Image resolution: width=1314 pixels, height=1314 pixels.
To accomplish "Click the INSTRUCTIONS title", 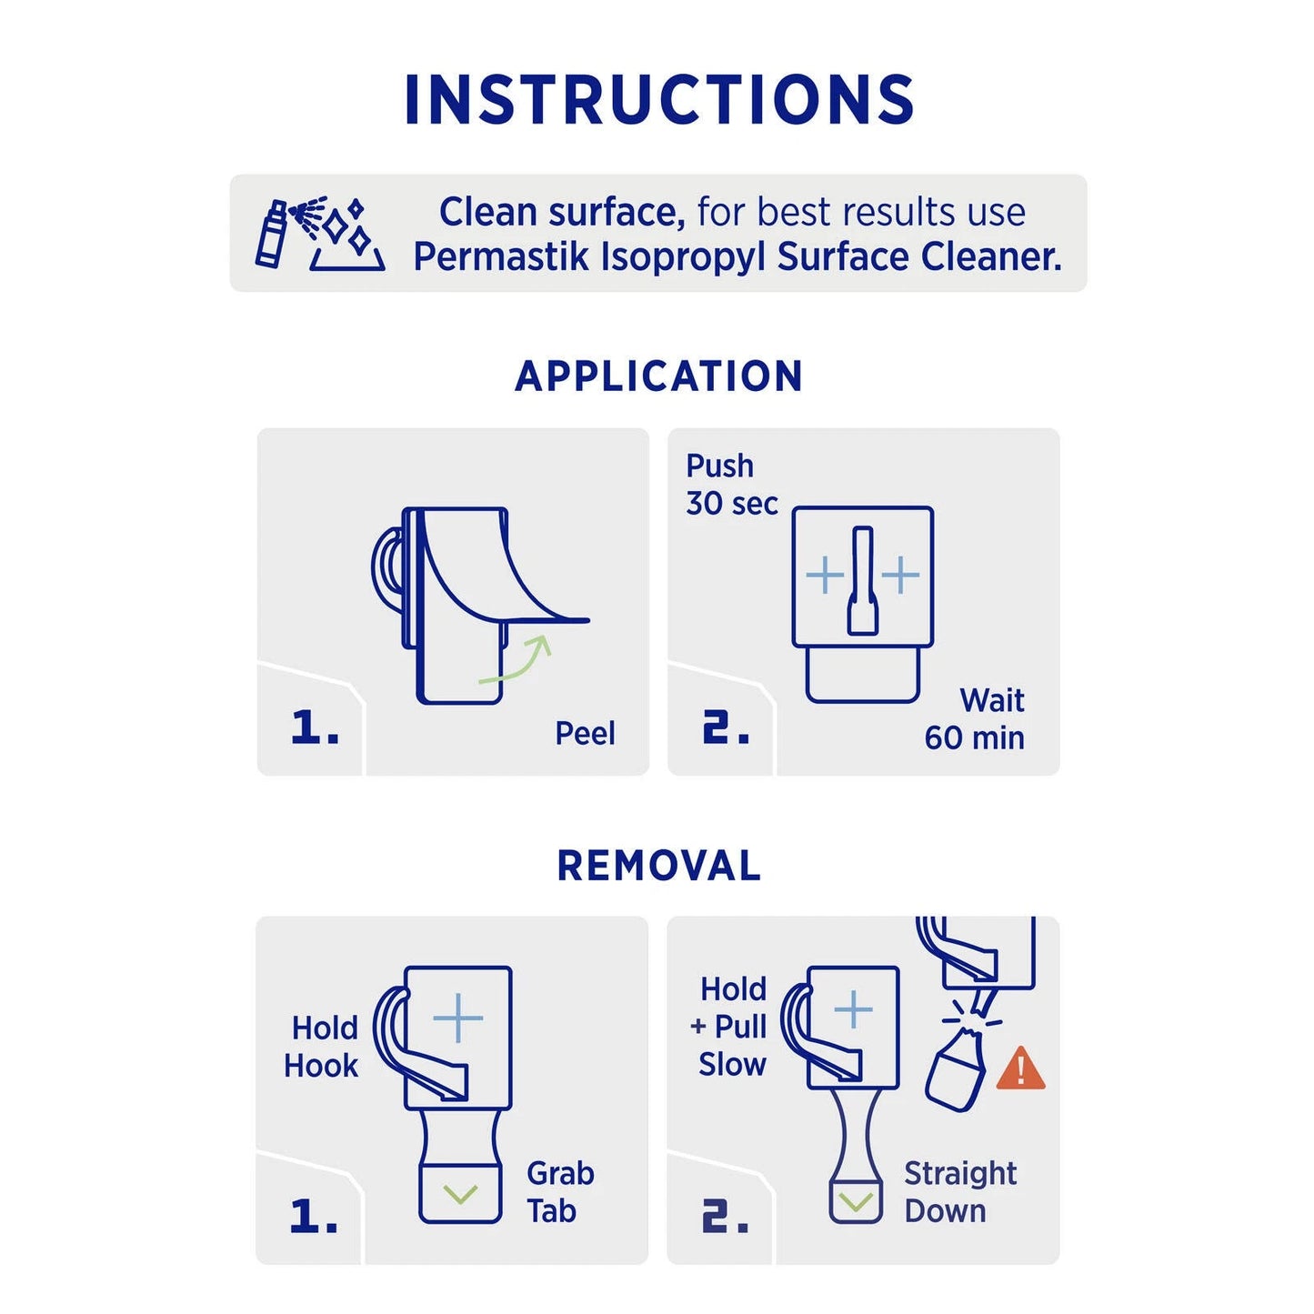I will click(x=658, y=100).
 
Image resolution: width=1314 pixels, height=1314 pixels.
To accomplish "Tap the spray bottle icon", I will click(x=271, y=235).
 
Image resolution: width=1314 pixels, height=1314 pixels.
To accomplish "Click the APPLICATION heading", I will click(x=658, y=376).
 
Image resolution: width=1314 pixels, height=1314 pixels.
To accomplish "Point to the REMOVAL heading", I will click(x=658, y=866).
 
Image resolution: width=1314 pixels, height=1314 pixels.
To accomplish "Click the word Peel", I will click(x=585, y=733).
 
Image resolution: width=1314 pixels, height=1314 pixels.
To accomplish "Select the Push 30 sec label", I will click(x=730, y=485).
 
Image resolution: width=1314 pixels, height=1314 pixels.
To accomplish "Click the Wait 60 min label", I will click(x=976, y=719).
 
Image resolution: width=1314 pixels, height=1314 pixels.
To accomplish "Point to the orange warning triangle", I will click(x=1020, y=1069).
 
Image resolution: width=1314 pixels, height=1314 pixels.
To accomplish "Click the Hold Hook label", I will click(x=322, y=1047).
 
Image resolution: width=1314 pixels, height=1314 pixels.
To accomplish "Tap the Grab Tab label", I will click(x=559, y=1192).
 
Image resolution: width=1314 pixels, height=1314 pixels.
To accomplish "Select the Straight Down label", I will click(x=958, y=1192).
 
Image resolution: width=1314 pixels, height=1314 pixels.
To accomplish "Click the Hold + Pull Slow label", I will click(x=731, y=1027).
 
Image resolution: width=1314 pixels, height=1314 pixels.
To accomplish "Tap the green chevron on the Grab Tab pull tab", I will click(x=460, y=1194).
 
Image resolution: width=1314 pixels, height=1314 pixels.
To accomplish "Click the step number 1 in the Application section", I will click(x=315, y=727).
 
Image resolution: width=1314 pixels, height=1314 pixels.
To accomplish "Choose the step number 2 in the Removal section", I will click(x=726, y=1216).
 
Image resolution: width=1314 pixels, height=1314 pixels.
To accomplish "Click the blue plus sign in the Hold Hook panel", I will click(x=458, y=1018).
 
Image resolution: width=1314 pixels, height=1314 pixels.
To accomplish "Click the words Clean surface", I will click(x=561, y=212).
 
